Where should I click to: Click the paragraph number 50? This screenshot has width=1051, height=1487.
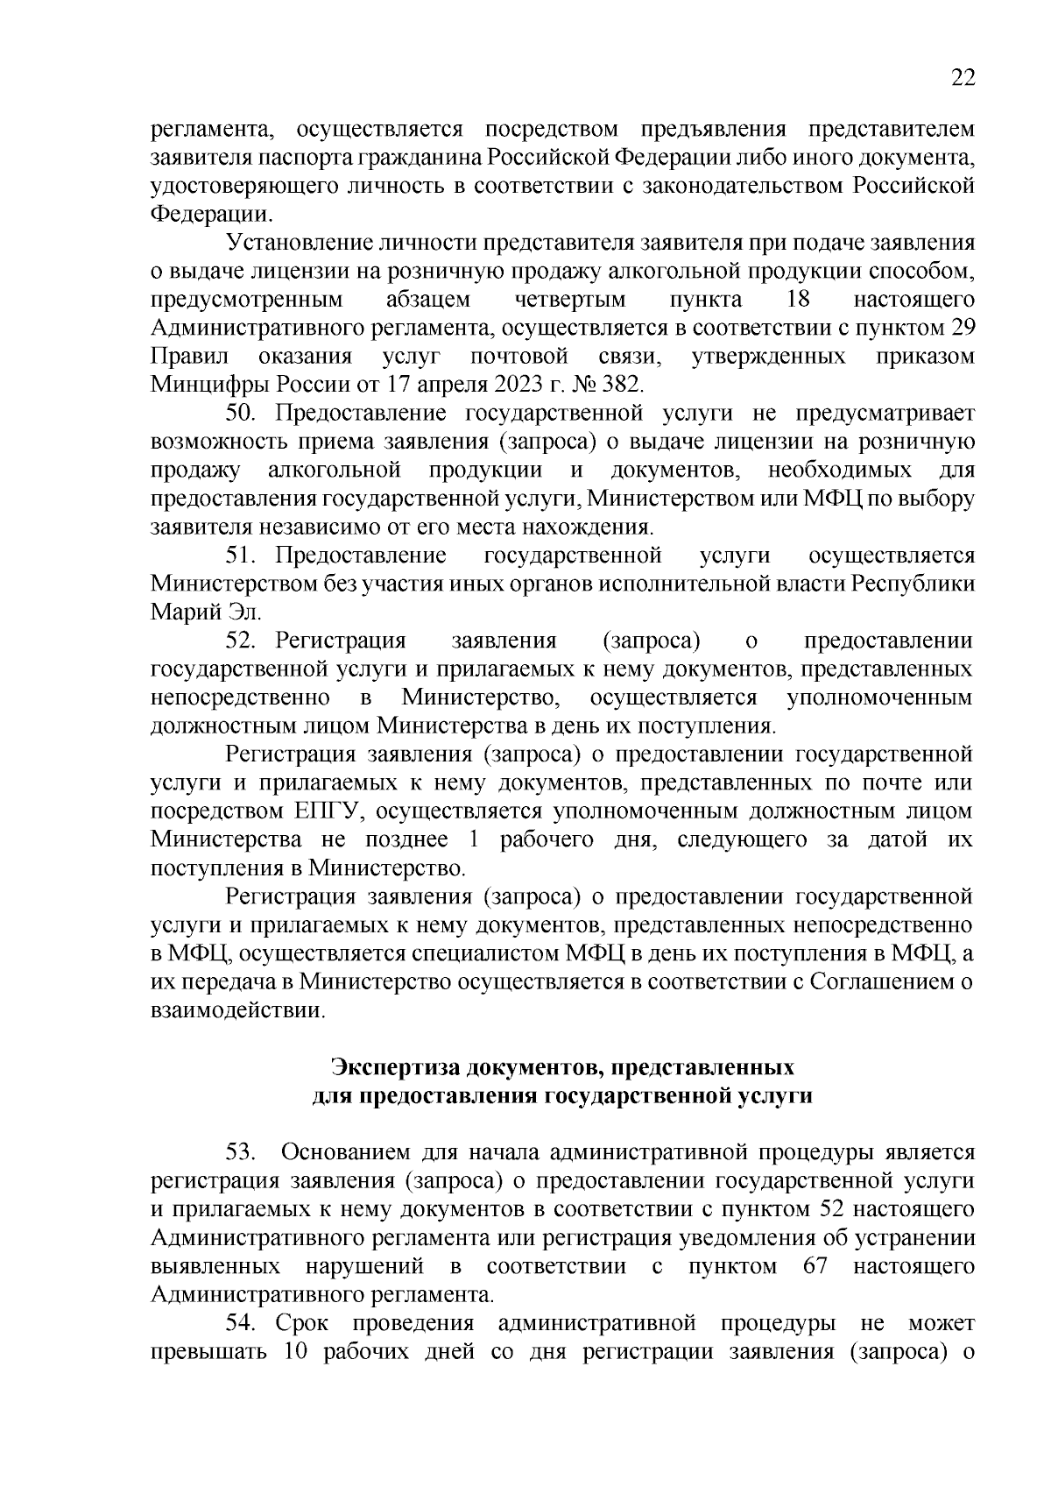point(240,413)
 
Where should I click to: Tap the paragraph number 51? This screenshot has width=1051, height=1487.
point(240,556)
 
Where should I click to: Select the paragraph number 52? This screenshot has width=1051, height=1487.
point(240,641)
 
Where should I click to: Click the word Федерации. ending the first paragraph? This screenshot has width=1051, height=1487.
point(211,213)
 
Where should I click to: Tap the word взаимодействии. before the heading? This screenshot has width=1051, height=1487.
point(237,1010)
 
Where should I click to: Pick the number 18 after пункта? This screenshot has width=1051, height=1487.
point(798,300)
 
